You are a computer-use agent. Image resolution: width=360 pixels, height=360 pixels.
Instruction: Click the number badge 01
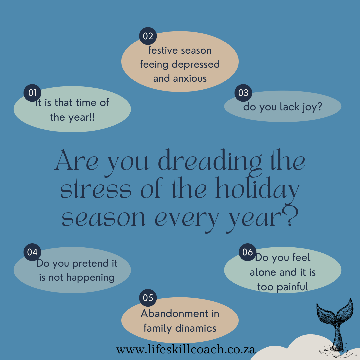pyautogui.click(x=32, y=93)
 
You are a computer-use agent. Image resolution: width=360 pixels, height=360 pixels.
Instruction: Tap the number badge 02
pyautogui.click(x=148, y=36)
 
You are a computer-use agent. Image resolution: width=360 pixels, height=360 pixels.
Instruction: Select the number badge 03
pyautogui.click(x=243, y=93)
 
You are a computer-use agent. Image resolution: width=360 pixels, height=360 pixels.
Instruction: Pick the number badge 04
pyautogui.click(x=32, y=252)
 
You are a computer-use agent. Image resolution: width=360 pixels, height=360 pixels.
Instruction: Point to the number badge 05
pyautogui.click(x=148, y=298)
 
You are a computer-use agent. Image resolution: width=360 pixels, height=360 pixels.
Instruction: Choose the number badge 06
pyautogui.click(x=247, y=252)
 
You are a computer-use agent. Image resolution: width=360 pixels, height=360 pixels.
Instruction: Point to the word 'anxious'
pyautogui.click(x=190, y=79)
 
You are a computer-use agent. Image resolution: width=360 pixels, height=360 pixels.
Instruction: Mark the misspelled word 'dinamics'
pyautogui.click(x=196, y=328)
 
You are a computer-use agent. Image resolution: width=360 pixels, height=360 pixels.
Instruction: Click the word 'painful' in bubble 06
pyautogui.click(x=292, y=287)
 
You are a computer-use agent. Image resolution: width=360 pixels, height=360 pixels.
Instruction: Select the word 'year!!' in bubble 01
pyautogui.click(x=82, y=118)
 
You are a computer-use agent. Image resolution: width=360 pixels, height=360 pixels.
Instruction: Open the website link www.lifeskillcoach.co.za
pyautogui.click(x=186, y=350)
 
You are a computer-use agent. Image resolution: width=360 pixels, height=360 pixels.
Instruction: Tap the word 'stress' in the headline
pyautogui.click(x=96, y=190)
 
